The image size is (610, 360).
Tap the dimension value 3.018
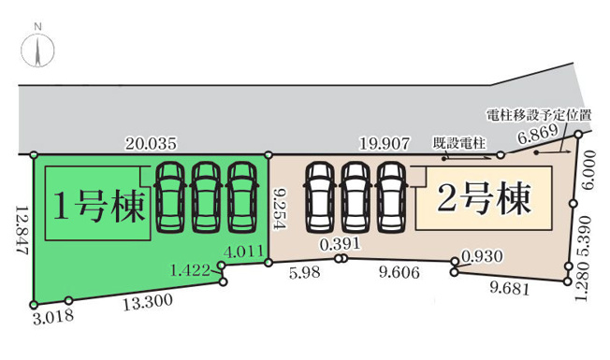tap(52, 317)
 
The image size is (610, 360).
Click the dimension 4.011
tap(243, 251)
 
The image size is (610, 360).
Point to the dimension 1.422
tap(190, 271)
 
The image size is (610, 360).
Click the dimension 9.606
tap(398, 273)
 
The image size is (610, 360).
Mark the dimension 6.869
tap(538, 136)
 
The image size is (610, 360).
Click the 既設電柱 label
tap(459, 143)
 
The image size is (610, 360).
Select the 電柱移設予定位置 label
tap(539, 115)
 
